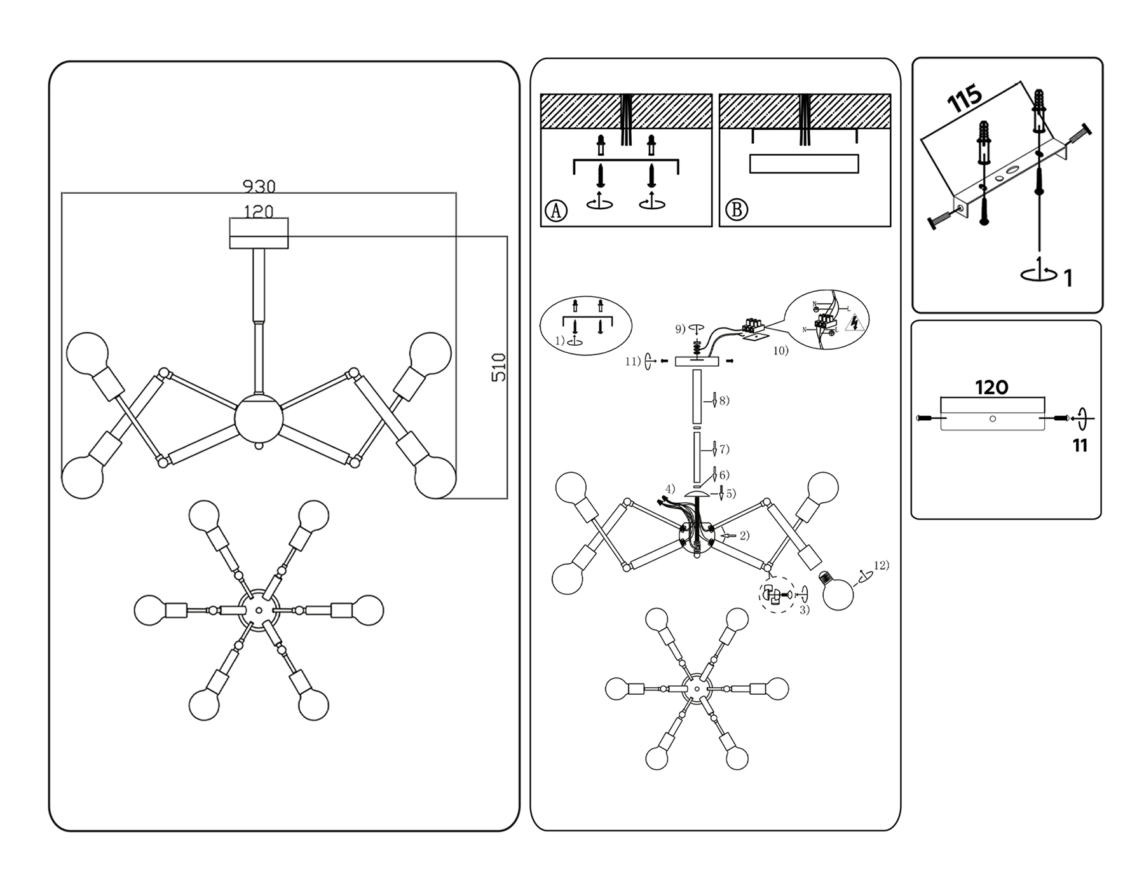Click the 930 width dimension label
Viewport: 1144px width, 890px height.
point(259,186)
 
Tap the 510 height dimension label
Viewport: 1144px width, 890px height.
point(500,367)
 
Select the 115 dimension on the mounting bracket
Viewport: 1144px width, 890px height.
point(965,99)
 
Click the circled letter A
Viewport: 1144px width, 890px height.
point(556,210)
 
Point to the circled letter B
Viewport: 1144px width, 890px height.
point(737,210)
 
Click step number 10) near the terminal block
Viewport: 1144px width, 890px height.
point(780,350)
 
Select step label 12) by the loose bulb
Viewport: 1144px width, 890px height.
point(881,565)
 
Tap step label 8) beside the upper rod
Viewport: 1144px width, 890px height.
point(724,400)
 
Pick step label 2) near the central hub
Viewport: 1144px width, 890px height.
point(744,535)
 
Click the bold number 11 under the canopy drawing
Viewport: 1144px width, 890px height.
point(1080,446)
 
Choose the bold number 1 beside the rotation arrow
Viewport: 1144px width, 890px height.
point(1068,278)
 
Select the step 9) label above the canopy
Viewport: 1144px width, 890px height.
point(680,329)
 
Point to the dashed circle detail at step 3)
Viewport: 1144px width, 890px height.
point(777,595)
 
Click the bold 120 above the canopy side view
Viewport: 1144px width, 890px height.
point(991,387)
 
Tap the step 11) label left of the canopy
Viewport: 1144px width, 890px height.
point(632,362)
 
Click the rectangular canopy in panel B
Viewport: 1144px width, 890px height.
point(804,163)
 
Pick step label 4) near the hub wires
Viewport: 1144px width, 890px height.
point(669,489)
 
